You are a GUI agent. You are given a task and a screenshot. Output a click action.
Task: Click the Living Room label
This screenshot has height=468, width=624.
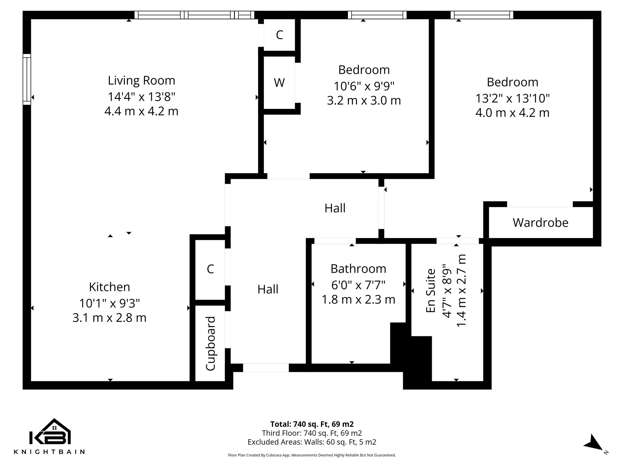(x=141, y=80)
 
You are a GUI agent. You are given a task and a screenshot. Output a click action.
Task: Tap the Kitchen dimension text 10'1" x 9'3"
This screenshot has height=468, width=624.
(x=109, y=303)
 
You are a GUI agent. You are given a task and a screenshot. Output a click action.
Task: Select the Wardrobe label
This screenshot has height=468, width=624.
(x=540, y=222)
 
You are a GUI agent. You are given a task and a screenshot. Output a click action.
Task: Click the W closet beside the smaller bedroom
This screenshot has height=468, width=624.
(x=279, y=83)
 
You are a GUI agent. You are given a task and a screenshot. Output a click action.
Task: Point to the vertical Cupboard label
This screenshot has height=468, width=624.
(x=211, y=343)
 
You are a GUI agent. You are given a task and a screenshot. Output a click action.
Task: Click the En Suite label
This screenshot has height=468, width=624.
(x=431, y=290)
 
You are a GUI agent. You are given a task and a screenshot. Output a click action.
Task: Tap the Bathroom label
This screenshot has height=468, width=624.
(x=358, y=269)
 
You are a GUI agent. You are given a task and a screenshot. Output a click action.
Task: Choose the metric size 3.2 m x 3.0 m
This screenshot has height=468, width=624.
(x=364, y=100)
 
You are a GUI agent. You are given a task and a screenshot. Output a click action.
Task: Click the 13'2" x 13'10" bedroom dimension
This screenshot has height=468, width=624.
(x=512, y=98)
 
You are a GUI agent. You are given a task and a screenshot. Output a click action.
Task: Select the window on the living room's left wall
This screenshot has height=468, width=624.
(x=27, y=79)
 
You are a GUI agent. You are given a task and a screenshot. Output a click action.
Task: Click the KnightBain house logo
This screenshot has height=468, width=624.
(x=50, y=432)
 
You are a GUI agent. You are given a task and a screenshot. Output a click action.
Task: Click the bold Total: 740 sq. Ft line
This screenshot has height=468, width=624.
(x=312, y=424)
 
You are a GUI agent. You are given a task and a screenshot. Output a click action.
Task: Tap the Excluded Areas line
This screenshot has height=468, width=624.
(x=312, y=442)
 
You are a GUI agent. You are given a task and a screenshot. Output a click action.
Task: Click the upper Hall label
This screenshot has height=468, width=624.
(x=335, y=208)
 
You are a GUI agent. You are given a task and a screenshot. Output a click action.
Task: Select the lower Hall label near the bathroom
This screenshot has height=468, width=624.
(x=268, y=289)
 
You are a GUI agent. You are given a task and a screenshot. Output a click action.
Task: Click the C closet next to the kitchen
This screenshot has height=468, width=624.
(x=210, y=269)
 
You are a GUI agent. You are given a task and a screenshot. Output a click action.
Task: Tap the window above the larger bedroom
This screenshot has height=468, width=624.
(x=482, y=15)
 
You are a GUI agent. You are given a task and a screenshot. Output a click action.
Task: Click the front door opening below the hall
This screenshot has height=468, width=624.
(x=266, y=368)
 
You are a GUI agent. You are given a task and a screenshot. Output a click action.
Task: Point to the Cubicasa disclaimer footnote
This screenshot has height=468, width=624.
(x=312, y=455)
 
